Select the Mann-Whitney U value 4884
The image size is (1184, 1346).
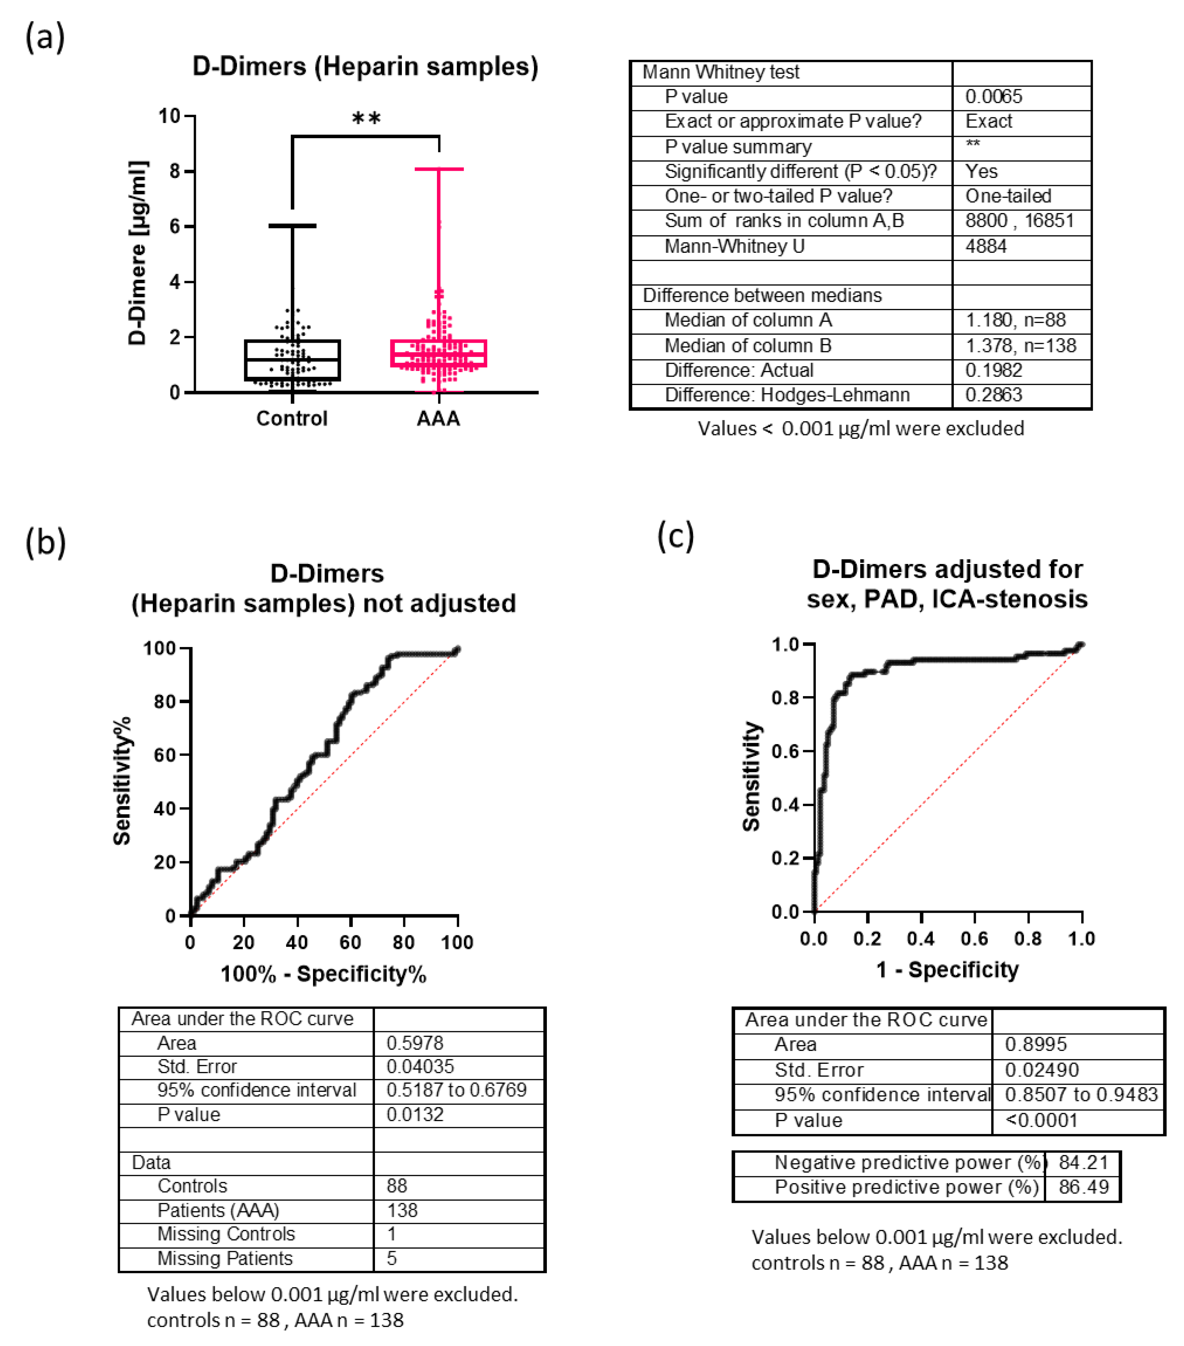986,246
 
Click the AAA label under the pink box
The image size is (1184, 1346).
438,419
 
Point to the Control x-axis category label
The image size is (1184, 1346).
292,419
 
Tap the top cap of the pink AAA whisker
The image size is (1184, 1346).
439,169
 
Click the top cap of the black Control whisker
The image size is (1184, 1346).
292,226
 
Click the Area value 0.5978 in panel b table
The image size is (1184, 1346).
415,1043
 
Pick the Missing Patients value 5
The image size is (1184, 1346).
392,1258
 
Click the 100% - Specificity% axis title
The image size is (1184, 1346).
323,974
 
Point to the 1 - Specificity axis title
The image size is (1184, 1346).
947,970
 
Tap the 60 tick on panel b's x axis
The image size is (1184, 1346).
350,942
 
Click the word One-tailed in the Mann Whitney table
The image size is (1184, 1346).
1008,196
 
